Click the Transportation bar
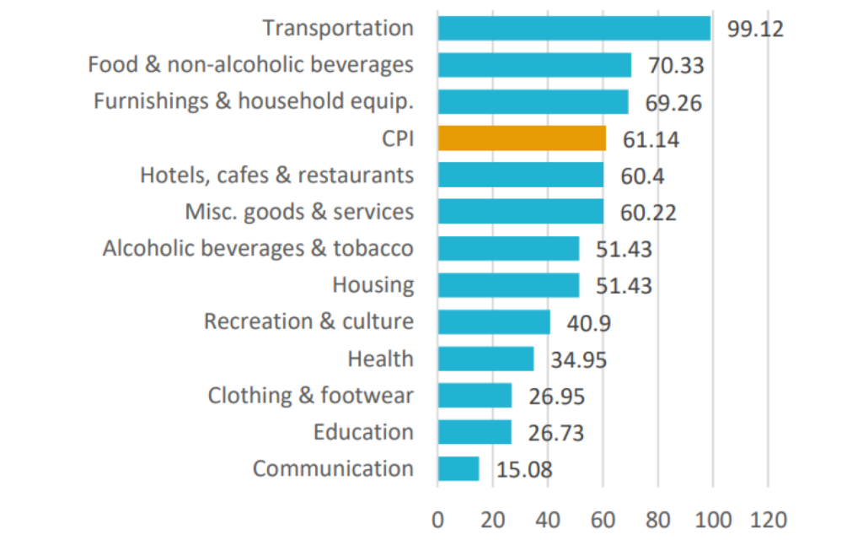pos(574,28)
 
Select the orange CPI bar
pos(522,138)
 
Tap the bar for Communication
pos(458,469)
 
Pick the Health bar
pos(485,359)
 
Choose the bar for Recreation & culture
pos(494,322)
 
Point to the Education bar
pos(474,432)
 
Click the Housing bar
pos(508,285)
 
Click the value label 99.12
pos(755,30)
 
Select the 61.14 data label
pos(650,140)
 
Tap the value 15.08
pos(523,470)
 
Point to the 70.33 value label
pos(675,66)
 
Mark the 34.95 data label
pos(578,360)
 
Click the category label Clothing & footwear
pos(311,396)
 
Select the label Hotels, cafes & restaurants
pos(276,175)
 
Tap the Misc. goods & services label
pos(299,212)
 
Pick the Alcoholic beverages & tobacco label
pos(258,249)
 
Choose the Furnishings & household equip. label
pos(254,102)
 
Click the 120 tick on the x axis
pos(767,518)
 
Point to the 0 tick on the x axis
pos(438,518)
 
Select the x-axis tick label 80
pos(658,518)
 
